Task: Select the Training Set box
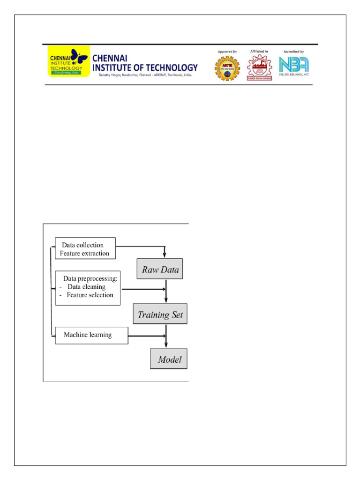160,314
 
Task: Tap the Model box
169,360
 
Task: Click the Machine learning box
91,335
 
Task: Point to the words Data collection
82,245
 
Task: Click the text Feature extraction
84,254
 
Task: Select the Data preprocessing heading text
90,278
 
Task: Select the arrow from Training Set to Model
166,336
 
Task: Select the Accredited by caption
294,51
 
